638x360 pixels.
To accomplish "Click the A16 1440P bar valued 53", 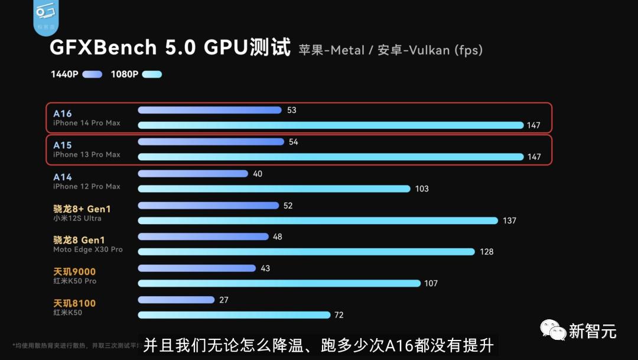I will click(210, 110).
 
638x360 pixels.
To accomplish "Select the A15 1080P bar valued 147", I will click(331, 157).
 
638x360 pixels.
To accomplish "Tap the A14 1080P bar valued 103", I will click(274, 189).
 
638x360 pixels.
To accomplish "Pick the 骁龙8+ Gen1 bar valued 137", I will click(318, 220).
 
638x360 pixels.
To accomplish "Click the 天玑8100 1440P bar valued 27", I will click(176, 300).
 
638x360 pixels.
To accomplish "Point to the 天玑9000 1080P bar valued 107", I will click(279, 283).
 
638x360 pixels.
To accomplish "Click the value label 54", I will click(293, 142).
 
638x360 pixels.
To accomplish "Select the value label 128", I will click(486, 252).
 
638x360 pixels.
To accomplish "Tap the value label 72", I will click(338, 315).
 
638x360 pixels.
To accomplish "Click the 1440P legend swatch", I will click(92, 74).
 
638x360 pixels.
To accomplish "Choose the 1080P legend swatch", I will click(152, 74).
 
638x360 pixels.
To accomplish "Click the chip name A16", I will click(62, 113).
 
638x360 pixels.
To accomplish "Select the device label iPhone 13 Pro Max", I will click(86, 155).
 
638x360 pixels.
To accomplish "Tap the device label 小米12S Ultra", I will click(77, 218).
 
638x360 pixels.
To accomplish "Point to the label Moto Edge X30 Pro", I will click(88, 249).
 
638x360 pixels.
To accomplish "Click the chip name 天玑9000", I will click(74, 272).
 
